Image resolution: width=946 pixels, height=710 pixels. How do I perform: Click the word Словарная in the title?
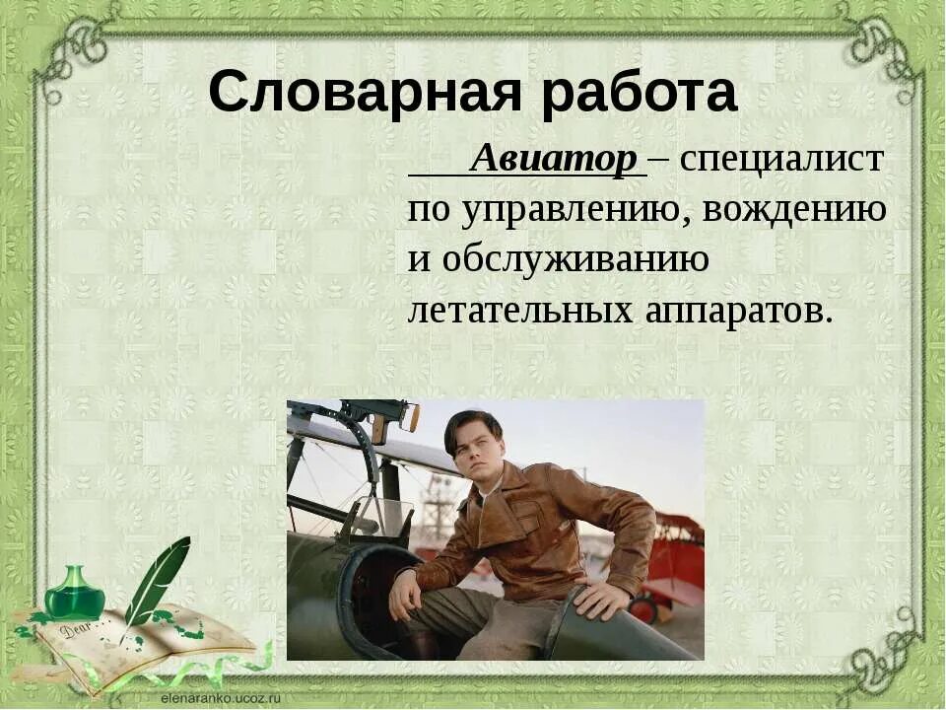[x=361, y=94]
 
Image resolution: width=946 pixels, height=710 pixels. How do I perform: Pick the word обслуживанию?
[x=575, y=260]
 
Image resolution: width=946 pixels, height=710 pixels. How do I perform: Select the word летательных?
[x=521, y=311]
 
